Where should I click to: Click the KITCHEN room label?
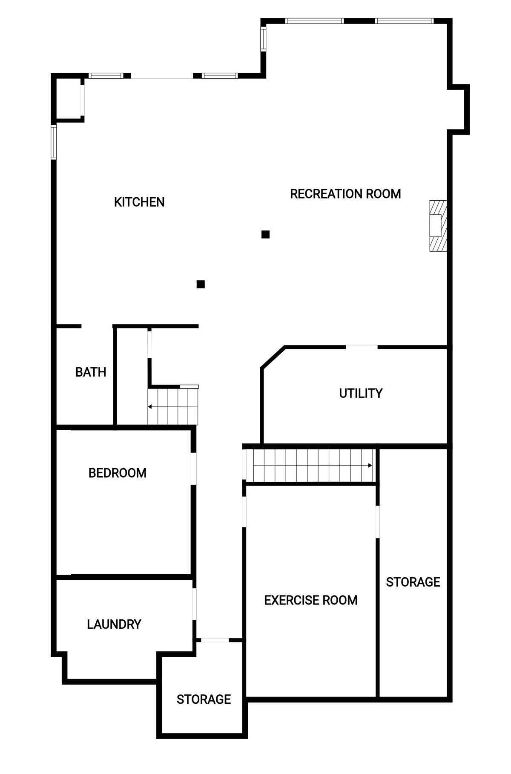[139, 202]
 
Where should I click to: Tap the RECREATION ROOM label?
[345, 194]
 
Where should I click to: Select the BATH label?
[91, 372]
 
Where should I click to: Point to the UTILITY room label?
[361, 393]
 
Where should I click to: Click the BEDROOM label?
[118, 473]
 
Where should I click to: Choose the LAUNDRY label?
[114, 624]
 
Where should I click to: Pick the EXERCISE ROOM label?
[311, 600]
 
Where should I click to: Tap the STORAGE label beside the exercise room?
[413, 582]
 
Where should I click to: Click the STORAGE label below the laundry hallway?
[204, 699]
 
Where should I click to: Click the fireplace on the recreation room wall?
[438, 226]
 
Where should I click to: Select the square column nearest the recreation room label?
[265, 234]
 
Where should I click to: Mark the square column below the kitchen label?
[201, 284]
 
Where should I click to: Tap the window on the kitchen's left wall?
[54, 142]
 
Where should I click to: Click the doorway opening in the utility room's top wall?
[362, 347]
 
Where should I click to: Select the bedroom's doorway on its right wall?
[193, 469]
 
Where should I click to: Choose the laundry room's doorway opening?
[194, 604]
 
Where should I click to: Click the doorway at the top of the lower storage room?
[215, 640]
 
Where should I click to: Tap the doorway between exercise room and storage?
[378, 522]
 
